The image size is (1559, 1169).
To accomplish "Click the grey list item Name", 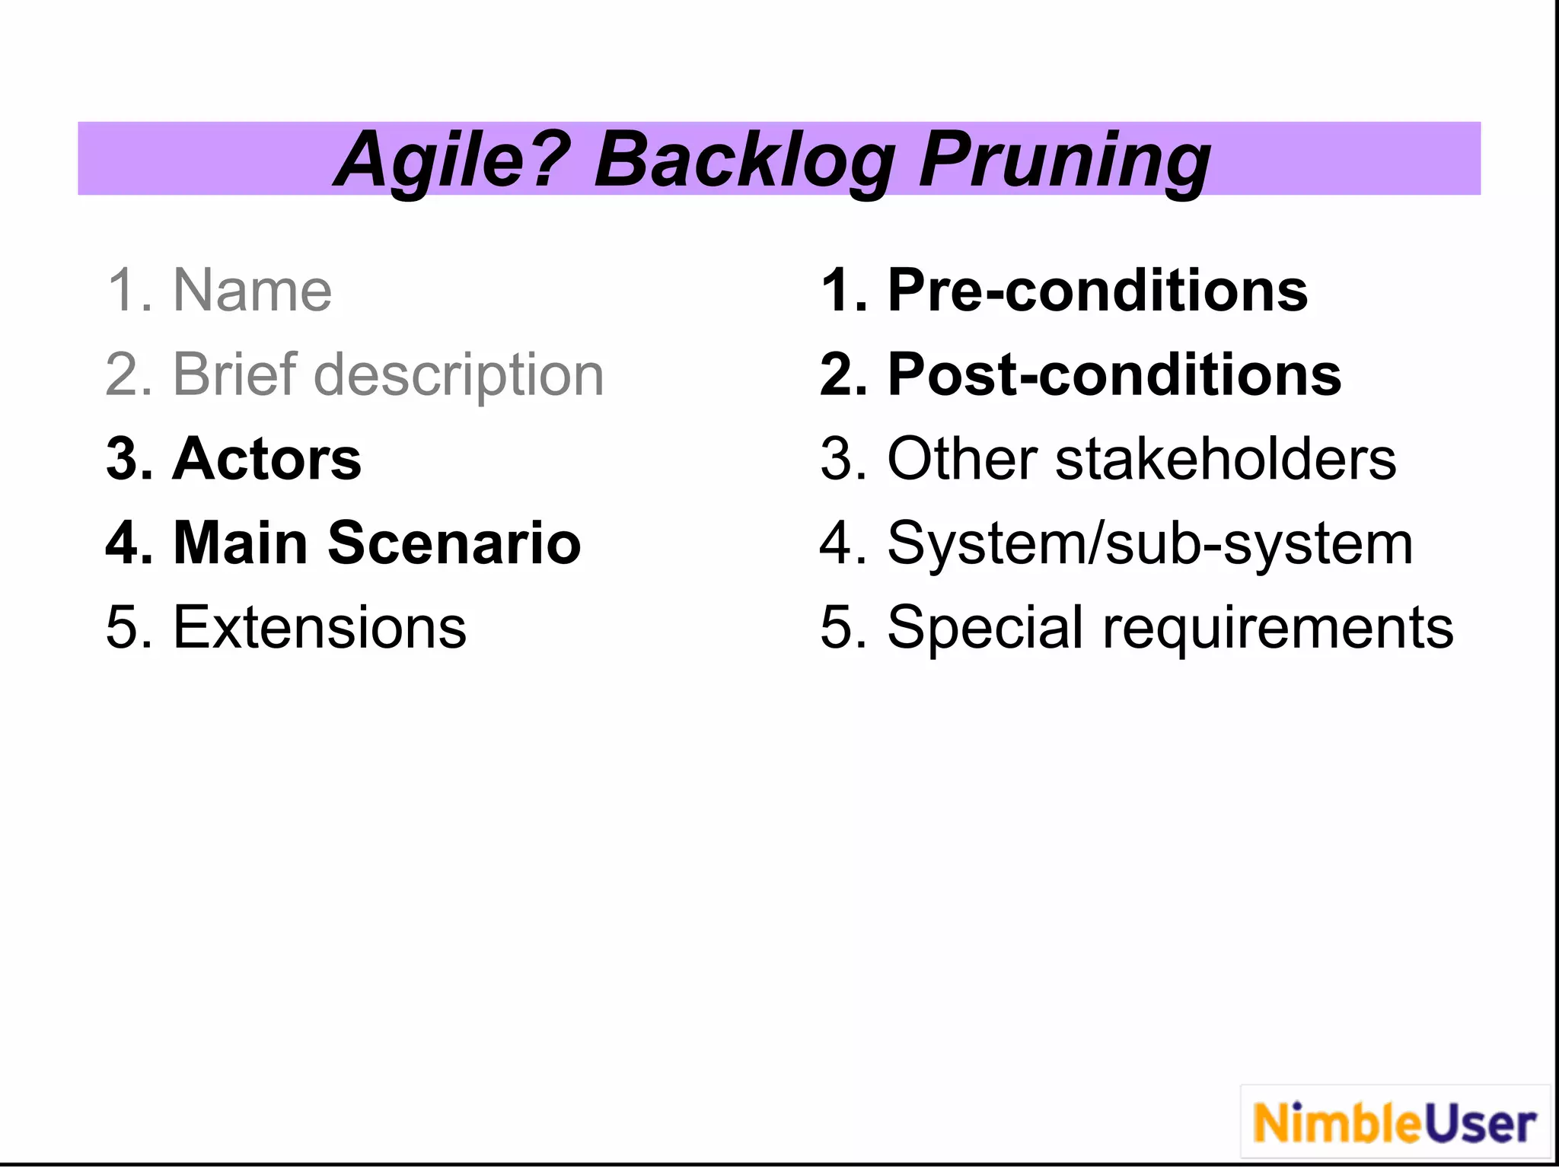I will [252, 291].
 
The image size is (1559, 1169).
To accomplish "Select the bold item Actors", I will [266, 459].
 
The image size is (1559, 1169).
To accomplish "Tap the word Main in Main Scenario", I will [240, 543].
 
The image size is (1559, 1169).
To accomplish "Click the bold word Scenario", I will [454, 543].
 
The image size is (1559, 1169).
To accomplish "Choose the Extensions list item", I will [320, 628].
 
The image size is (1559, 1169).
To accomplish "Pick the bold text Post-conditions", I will [1114, 376].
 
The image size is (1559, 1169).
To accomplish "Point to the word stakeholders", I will [1226, 459].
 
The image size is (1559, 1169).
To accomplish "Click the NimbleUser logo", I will [1395, 1123].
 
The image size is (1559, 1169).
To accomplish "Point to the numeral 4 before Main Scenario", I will [122, 543].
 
